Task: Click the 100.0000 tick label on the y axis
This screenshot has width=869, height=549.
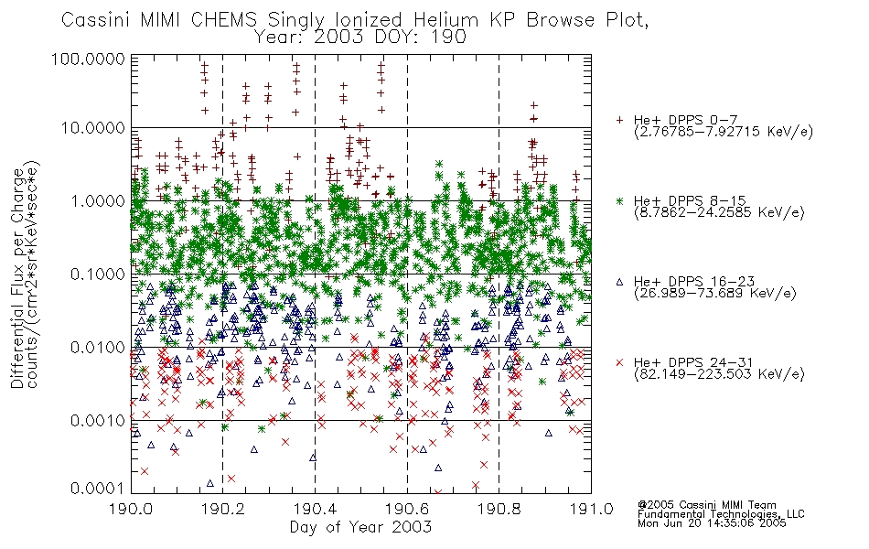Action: point(88,59)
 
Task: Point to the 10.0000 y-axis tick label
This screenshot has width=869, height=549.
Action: point(93,128)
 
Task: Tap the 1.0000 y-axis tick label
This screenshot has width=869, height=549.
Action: point(98,200)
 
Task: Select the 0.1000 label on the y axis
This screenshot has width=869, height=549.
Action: point(98,274)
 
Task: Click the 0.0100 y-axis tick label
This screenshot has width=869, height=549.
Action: point(98,348)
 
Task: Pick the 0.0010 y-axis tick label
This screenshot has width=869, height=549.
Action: point(98,421)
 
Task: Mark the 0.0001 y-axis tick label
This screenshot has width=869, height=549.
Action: point(98,489)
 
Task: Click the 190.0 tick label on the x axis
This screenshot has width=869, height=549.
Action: point(131,509)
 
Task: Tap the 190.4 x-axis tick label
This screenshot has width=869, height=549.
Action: point(315,509)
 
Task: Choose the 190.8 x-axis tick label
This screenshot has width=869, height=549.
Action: point(499,509)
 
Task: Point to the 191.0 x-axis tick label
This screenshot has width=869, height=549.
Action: point(591,509)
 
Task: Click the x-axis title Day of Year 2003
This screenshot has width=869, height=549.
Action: point(360,527)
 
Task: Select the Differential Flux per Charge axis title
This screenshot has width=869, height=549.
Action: point(17,278)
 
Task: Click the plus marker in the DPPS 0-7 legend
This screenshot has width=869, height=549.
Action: point(619,120)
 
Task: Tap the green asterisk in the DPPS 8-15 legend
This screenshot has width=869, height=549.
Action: point(619,200)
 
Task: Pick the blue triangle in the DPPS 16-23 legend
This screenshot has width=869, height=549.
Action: point(619,282)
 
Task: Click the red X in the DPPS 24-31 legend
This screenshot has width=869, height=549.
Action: point(619,362)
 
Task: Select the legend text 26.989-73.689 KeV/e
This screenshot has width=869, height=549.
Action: point(715,294)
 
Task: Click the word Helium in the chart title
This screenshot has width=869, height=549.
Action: point(446,20)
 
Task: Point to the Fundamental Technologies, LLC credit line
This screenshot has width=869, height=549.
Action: point(721,514)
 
